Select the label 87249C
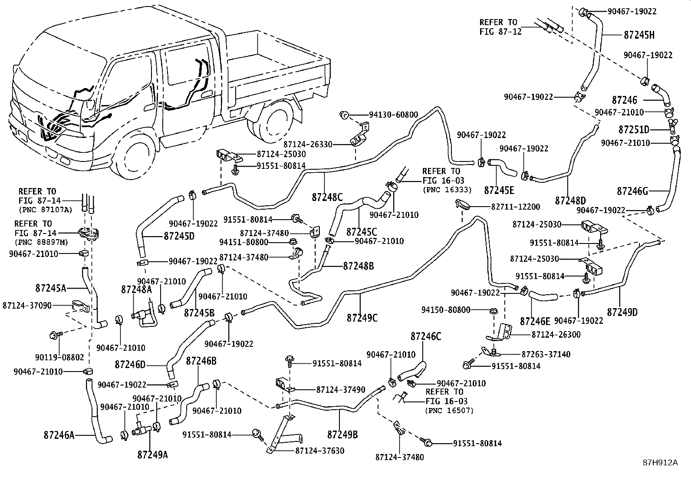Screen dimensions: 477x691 [362, 318]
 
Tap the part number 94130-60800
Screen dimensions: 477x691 [393, 115]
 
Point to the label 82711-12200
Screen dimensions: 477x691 [516, 207]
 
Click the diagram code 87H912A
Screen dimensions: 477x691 [660, 463]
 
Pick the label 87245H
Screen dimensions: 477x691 [639, 35]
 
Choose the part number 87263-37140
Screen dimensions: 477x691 [546, 354]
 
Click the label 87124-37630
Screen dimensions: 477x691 [319, 451]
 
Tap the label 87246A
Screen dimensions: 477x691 [59, 434]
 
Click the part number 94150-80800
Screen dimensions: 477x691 [446, 310]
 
